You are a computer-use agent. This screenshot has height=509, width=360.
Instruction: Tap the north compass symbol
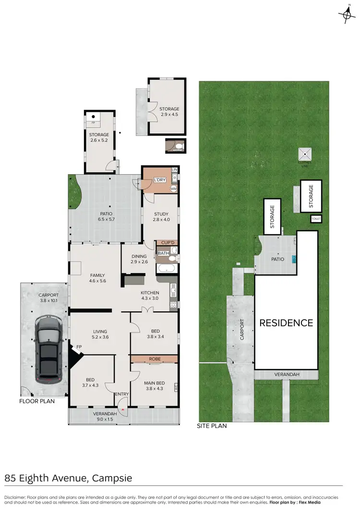click(x=346, y=15)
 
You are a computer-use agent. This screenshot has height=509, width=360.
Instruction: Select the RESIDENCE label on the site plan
click(x=286, y=323)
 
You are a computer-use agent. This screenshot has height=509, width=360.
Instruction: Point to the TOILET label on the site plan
click(x=316, y=219)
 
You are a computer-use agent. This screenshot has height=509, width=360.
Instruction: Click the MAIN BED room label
click(x=154, y=386)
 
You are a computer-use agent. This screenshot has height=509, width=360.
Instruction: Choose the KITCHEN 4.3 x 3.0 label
click(x=150, y=295)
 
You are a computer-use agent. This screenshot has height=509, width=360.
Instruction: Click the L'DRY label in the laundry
click(x=159, y=180)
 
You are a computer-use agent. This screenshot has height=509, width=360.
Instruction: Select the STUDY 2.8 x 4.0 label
click(x=160, y=217)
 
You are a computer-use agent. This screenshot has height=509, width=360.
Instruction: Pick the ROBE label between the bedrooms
click(x=155, y=358)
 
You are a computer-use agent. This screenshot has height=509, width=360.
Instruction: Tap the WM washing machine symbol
click(x=174, y=189)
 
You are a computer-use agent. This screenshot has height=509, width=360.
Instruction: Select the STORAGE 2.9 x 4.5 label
click(x=169, y=112)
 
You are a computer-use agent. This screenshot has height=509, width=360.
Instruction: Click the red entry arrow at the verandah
click(x=123, y=409)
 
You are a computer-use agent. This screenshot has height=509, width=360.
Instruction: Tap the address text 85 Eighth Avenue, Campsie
click(x=68, y=478)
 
